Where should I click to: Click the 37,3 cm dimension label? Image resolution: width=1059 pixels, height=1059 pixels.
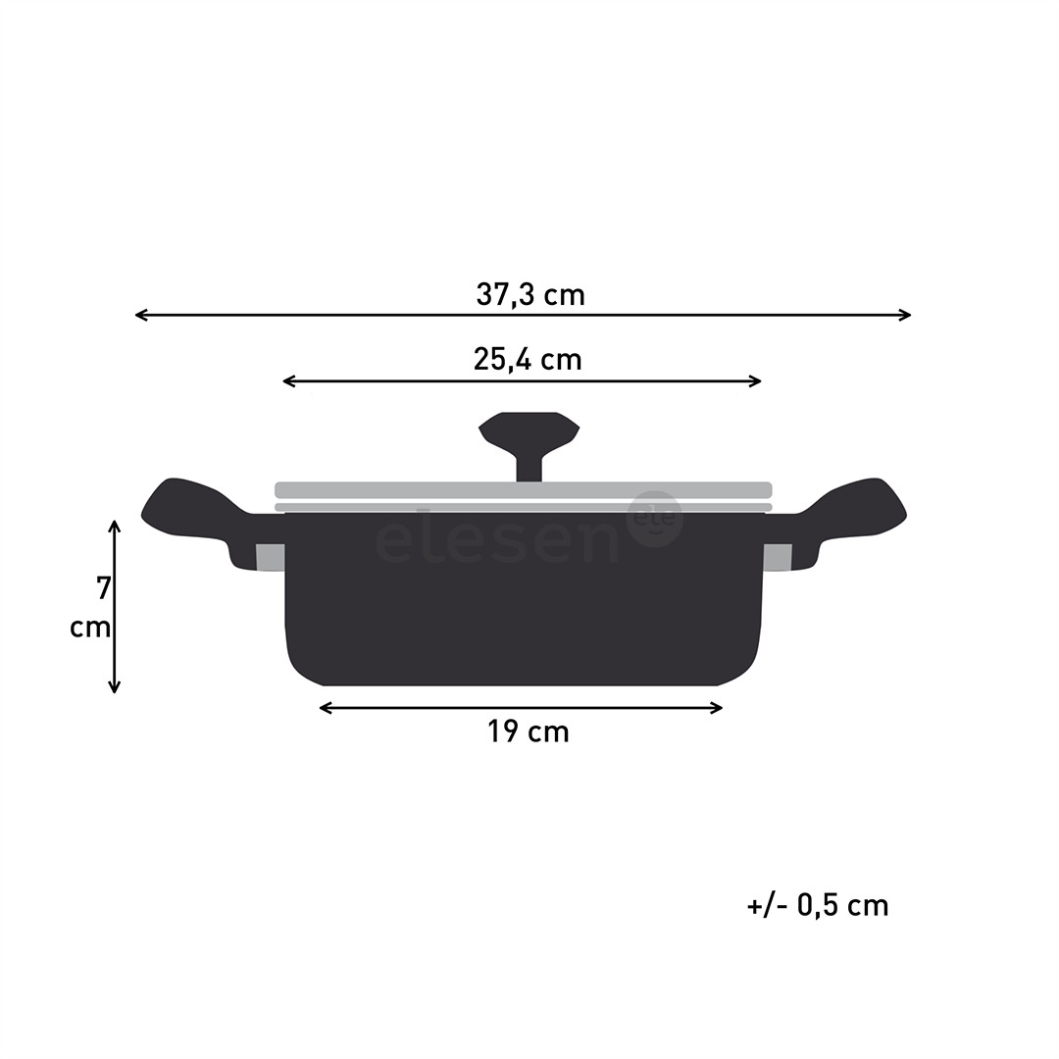pos(530,294)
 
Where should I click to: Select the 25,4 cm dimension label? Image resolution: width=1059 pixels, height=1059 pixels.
pos(528,360)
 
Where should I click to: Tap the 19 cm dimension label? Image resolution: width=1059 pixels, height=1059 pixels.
pos(529,731)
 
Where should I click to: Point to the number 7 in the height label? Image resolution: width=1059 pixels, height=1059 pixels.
pos(103,589)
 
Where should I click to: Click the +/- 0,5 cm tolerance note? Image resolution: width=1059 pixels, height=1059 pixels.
pos(818,905)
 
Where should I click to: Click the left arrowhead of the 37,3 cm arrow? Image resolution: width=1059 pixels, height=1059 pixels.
pos(140,315)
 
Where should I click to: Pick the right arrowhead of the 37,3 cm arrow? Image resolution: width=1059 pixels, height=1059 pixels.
pos(906,315)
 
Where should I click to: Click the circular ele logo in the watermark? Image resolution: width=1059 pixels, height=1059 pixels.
pos(655,519)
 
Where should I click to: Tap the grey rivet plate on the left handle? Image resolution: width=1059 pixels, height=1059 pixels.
pos(270,557)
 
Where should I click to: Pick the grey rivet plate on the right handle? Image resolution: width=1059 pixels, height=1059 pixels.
pos(777,557)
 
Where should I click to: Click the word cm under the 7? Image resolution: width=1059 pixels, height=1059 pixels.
pos(90,628)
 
